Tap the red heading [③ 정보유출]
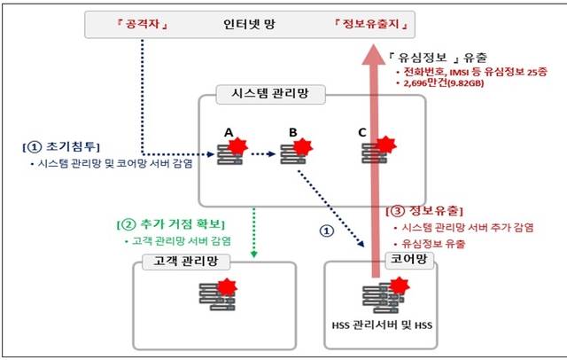425,211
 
